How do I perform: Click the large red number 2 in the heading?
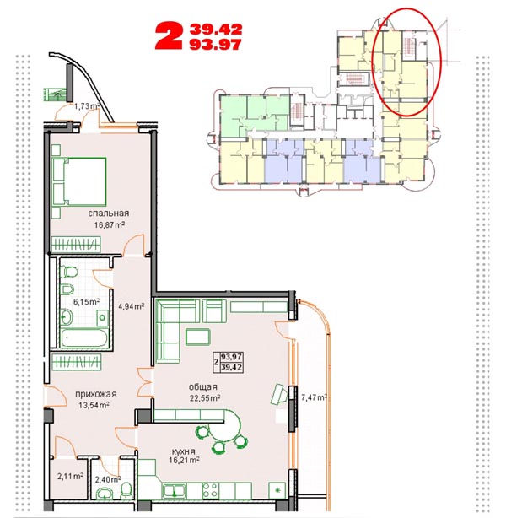(x=169, y=36)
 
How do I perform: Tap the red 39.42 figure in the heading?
(x=216, y=30)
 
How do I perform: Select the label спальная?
(x=108, y=213)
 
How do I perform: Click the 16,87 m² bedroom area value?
(x=110, y=225)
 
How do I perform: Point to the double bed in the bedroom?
(x=79, y=181)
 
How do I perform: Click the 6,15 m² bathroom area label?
(x=86, y=302)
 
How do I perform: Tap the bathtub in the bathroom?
(x=84, y=337)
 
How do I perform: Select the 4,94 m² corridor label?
(x=131, y=306)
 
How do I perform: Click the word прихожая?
(x=96, y=394)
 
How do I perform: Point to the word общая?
(x=202, y=387)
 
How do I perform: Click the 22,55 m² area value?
(x=205, y=397)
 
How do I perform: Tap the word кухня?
(x=183, y=451)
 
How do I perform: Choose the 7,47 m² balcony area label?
(x=314, y=397)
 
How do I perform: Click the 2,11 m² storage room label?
(x=70, y=477)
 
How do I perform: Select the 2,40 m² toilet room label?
(x=108, y=479)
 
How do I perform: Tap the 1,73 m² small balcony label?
(x=87, y=106)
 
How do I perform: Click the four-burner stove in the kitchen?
(x=210, y=490)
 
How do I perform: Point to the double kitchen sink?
(x=174, y=491)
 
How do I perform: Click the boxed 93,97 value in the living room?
(x=232, y=357)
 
